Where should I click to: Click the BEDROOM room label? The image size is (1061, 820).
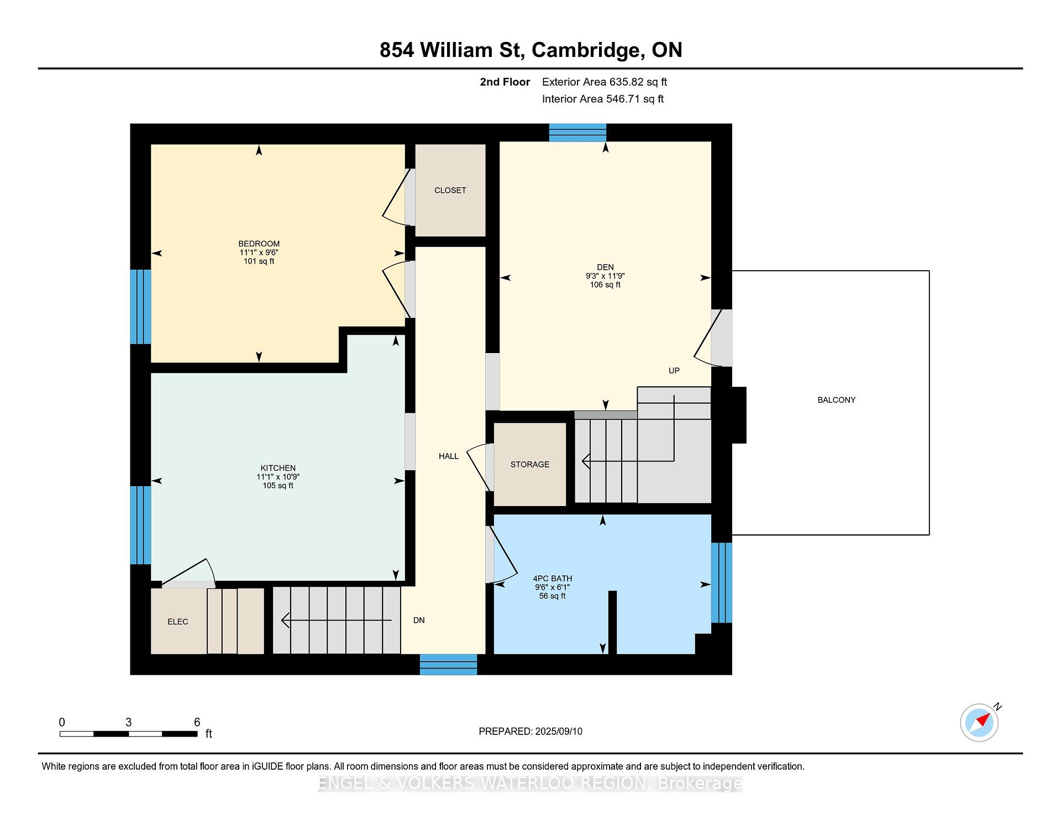pos(259,244)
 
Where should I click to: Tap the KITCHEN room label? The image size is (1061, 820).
pos(278,468)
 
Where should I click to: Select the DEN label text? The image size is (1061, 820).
pos(605,267)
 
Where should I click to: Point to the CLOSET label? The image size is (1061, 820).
pos(450,190)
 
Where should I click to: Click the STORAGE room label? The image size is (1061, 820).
pos(529,464)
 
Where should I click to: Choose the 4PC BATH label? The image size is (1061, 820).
pos(552,579)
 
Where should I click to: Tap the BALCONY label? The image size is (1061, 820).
pos(836,400)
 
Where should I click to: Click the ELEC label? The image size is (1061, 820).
pos(177,622)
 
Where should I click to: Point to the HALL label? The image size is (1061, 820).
pos(448,456)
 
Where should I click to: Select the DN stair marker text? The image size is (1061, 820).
pos(419,620)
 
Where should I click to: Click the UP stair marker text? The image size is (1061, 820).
pos(674,370)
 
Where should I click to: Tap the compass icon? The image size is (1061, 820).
pos(980,722)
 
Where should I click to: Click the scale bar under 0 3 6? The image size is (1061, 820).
pos(128,734)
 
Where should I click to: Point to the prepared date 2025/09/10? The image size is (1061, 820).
pos(559,731)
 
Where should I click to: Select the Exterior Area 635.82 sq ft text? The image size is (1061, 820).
pos(605,82)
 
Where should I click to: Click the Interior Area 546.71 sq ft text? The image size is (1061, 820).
pos(603,99)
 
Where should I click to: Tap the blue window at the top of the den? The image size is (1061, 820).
pos(577,133)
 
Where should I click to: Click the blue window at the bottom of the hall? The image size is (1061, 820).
pos(448,664)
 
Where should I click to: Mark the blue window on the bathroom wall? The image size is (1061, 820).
pos(722,582)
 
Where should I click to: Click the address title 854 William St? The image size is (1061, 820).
pos(450,50)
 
